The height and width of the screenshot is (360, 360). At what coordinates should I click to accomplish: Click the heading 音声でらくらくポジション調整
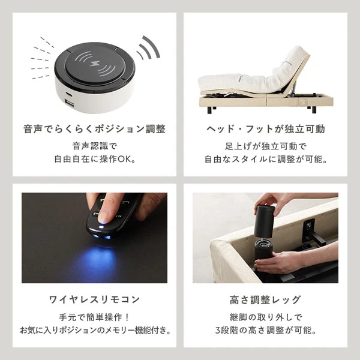(94, 129)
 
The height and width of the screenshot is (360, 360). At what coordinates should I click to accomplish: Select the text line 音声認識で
(94, 146)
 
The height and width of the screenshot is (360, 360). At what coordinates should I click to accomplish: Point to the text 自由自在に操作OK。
(94, 160)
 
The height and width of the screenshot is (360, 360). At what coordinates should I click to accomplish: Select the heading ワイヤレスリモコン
(94, 299)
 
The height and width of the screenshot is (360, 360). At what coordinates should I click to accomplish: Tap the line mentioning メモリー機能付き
(94, 330)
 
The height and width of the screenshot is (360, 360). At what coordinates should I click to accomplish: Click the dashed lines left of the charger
(41, 54)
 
